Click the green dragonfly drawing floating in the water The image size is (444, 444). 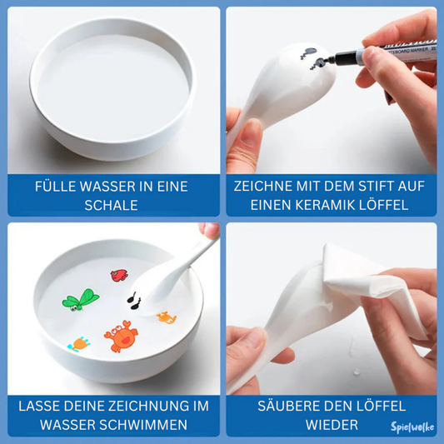click(81, 300)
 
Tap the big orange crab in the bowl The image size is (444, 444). click(121, 337)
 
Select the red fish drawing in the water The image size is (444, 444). click(119, 275)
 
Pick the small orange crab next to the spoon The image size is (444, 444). click(167, 317)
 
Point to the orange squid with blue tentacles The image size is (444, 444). click(78, 344)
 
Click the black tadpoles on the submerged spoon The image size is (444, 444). click(134, 301)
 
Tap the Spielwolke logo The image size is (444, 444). click(412, 427)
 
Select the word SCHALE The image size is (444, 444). click(111, 205)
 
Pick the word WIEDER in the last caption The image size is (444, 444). click(332, 425)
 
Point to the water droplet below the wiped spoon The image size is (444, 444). click(357, 372)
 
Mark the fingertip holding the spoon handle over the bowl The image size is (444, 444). click(209, 230)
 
